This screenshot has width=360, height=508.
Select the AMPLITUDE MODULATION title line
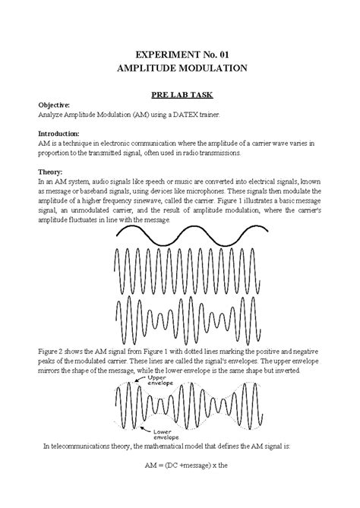pyautogui.click(x=179, y=68)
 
